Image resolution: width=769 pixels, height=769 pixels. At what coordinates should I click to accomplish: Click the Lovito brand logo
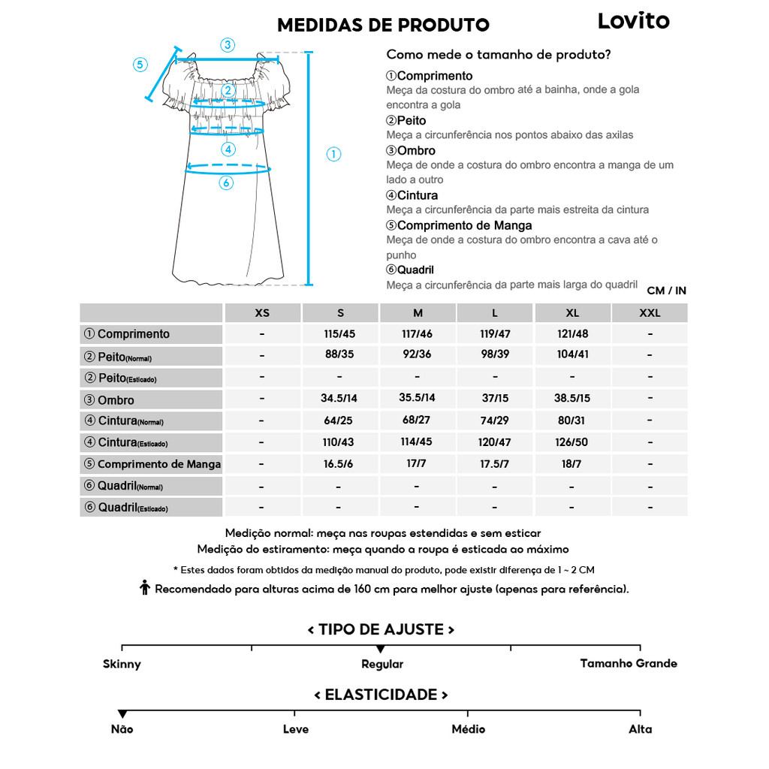point(633,21)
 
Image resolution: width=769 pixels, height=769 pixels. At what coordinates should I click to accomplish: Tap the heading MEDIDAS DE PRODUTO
point(383,25)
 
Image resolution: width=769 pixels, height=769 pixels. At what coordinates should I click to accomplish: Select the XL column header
point(572,312)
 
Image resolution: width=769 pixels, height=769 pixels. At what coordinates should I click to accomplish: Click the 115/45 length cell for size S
point(339,333)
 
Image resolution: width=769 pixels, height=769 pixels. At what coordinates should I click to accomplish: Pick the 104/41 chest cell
point(572,354)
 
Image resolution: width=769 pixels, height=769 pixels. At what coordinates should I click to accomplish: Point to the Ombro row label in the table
point(116,400)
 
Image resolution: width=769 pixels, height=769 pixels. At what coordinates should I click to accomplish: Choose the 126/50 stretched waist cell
point(572,442)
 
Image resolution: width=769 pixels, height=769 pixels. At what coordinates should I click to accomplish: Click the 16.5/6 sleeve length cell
point(339,464)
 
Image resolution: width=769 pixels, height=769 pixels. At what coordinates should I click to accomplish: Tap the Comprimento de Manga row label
point(158,464)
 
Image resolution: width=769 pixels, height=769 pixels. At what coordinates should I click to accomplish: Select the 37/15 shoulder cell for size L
point(494,399)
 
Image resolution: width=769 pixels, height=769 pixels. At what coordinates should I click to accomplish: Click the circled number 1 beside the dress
point(333,155)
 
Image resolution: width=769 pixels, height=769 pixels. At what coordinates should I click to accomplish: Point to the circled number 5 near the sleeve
point(140,64)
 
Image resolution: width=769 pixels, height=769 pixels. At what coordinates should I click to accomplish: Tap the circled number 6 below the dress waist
point(226,182)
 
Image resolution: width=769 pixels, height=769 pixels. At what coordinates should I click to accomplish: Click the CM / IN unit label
point(666,291)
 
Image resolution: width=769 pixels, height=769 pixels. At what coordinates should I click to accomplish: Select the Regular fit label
point(382,664)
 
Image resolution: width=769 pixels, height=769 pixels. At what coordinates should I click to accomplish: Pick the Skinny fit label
point(122,664)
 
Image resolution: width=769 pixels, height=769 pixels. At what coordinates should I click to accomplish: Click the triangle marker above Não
point(122,713)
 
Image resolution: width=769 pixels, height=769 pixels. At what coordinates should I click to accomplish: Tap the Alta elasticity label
point(640,729)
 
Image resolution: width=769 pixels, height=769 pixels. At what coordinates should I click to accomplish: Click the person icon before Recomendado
point(146,588)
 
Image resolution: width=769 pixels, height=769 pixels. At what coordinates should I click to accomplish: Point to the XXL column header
point(650,312)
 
